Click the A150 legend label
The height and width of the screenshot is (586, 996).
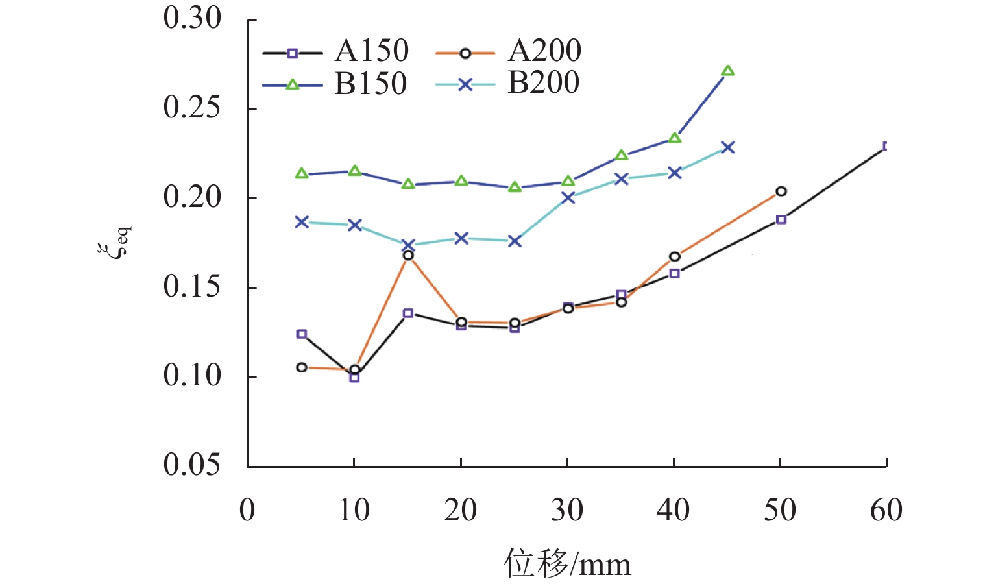[x=372, y=51]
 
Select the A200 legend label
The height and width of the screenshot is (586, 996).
[x=544, y=51]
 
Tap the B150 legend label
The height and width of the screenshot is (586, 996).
[x=370, y=83]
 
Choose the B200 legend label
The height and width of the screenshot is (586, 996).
[x=543, y=82]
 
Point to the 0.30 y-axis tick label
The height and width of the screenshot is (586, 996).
[x=192, y=18]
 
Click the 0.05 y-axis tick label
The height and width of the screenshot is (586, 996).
[x=192, y=465]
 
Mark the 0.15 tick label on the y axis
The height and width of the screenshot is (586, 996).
[x=192, y=286]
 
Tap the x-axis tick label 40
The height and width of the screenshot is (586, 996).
[x=673, y=511]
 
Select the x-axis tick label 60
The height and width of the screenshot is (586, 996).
[x=886, y=511]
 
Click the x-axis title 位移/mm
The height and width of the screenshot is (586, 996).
[x=567, y=563]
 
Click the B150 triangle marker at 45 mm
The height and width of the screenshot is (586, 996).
[x=728, y=71]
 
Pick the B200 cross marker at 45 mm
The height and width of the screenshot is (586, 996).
[x=728, y=147]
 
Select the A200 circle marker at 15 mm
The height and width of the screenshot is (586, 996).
[x=408, y=256]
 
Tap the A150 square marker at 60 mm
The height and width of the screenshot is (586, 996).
[x=886, y=147]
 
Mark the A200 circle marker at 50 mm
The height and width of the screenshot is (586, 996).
[x=781, y=191]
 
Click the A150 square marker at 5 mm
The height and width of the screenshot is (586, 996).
[x=302, y=334]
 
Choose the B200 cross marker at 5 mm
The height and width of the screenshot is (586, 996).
[x=302, y=222]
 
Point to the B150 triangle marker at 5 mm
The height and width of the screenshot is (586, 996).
[x=302, y=173]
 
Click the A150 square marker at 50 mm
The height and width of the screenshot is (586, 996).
[x=781, y=219]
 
